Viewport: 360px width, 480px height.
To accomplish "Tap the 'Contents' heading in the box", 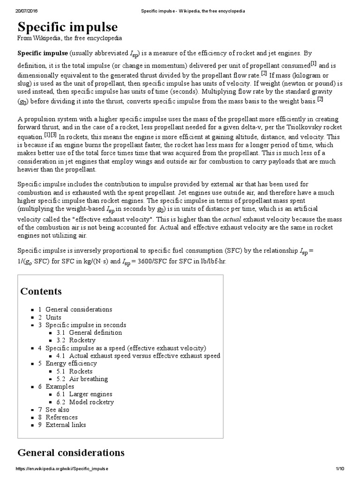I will pos(41,291).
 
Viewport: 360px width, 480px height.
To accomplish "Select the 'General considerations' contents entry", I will pos(79,309).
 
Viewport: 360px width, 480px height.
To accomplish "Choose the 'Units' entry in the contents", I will pos(53,317).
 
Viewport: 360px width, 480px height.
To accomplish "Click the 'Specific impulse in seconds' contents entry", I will pos(86,325).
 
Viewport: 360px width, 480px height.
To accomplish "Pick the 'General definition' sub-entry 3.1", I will pos(95,332).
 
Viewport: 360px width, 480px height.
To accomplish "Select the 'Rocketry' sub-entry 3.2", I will pos(82,340).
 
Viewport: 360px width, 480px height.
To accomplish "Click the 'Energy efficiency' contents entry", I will pos(71,363).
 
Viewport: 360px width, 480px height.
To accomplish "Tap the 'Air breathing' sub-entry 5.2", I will pos(88,379).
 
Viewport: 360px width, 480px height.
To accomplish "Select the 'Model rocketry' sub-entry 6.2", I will pos(91,402).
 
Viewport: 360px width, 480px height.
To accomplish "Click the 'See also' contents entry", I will pos(57,410).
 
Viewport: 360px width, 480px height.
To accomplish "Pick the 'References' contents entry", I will pos(61,417).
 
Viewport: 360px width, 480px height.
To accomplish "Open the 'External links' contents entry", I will pos(66,425).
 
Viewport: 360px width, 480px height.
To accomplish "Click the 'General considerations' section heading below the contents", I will pos(71,452).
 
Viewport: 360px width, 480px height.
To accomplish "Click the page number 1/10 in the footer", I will pos(340,469).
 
